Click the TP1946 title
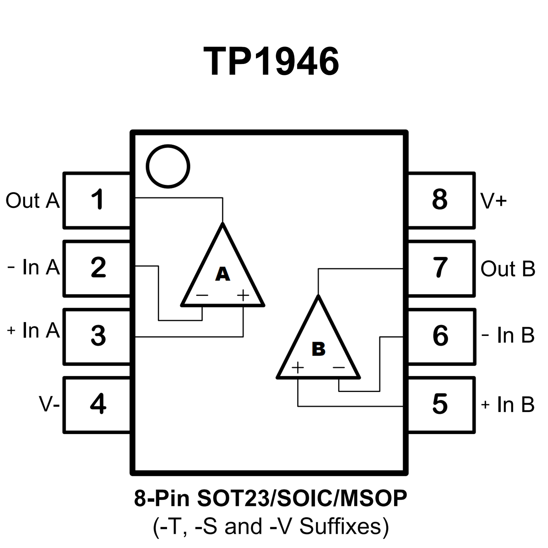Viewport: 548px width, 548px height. coord(271,62)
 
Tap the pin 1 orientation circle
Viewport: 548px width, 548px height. coord(168,166)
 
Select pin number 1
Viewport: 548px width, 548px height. coord(97,200)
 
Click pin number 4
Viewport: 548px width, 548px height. coord(98,404)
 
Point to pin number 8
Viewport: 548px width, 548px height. coord(439,200)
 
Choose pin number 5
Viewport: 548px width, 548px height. coord(440,404)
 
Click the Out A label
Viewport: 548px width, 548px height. coord(32,200)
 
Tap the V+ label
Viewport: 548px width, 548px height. coord(493,201)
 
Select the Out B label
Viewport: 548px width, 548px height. coord(508,269)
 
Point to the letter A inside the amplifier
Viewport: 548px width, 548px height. coord(222,274)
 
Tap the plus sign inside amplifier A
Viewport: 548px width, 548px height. coord(243,295)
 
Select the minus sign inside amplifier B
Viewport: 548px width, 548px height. coord(339,367)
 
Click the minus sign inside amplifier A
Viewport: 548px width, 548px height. coord(202,295)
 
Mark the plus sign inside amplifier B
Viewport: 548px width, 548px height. coord(298,367)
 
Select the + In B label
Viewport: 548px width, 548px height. coord(507,405)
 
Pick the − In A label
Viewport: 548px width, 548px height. coord(33,267)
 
